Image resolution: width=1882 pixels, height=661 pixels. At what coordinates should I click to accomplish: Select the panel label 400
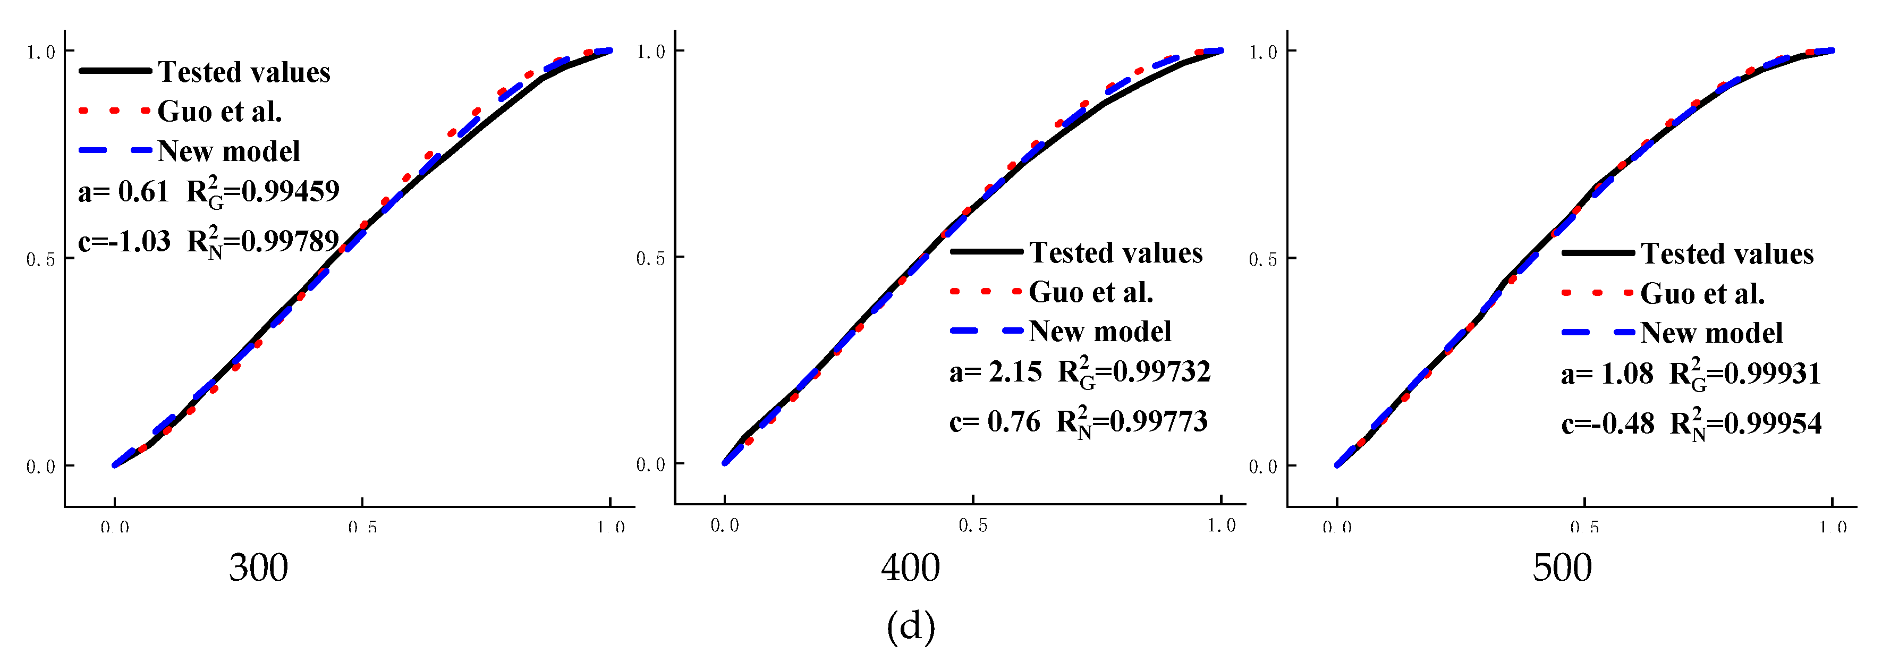point(910,567)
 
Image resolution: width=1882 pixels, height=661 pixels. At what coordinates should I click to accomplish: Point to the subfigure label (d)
point(910,626)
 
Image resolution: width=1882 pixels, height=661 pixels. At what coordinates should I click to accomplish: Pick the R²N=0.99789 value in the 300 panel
point(263,241)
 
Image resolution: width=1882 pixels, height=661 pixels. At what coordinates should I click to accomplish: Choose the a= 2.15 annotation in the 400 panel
point(995,372)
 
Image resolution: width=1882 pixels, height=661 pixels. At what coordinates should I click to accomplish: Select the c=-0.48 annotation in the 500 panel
point(1607,423)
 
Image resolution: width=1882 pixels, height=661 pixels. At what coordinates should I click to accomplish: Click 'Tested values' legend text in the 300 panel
point(244,72)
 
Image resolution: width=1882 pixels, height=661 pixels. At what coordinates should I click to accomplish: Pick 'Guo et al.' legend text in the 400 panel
point(1091,292)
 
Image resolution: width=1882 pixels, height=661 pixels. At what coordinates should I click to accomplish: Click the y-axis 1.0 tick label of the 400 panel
point(650,52)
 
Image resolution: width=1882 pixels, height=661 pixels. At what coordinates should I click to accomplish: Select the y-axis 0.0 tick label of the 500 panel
point(1262,467)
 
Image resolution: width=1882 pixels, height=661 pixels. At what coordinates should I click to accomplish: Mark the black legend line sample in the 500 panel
point(1598,253)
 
